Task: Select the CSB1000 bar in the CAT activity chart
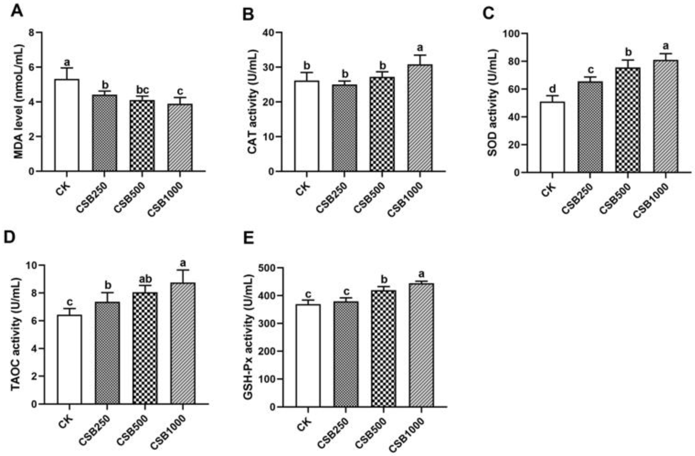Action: pyautogui.click(x=420, y=118)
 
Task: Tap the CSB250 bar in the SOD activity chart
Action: pyautogui.click(x=590, y=127)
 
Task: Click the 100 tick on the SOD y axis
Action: pyautogui.click(x=511, y=34)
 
